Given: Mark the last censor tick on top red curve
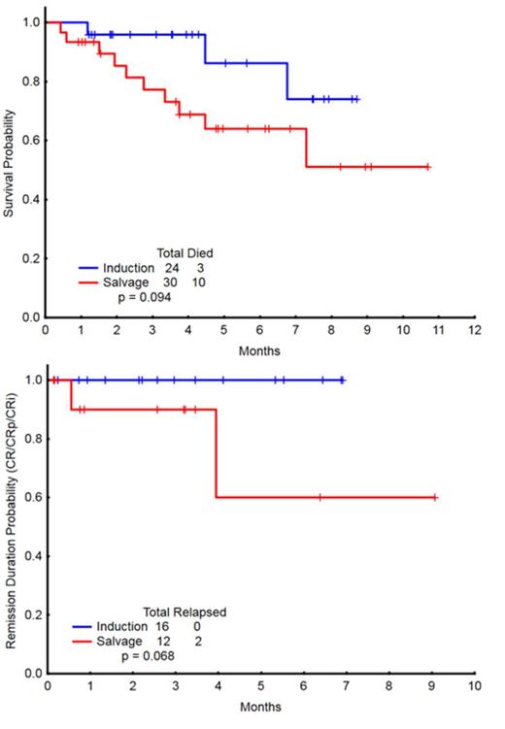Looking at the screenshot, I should pos(427,167).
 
